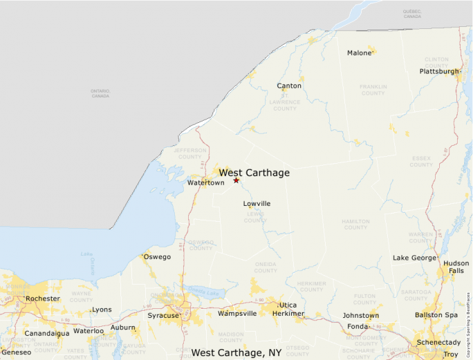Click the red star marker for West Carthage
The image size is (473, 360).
236,180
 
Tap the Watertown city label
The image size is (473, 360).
205,183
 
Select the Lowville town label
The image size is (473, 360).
257,204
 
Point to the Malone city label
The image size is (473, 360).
359,53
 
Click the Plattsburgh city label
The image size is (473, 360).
439,71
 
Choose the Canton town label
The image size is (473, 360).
289,86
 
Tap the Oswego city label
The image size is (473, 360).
156,257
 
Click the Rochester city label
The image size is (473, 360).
42,299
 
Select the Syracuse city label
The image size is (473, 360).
163,316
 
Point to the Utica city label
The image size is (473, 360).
288,305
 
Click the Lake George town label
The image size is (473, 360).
415,258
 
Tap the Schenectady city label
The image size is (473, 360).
438,343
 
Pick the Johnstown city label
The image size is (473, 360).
361,316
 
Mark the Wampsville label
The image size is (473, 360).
237,314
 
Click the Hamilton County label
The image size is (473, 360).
356,224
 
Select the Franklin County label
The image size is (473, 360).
373,90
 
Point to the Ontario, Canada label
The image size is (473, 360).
100,93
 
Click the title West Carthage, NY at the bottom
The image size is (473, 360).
236,352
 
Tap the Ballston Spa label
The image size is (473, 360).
437,315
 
